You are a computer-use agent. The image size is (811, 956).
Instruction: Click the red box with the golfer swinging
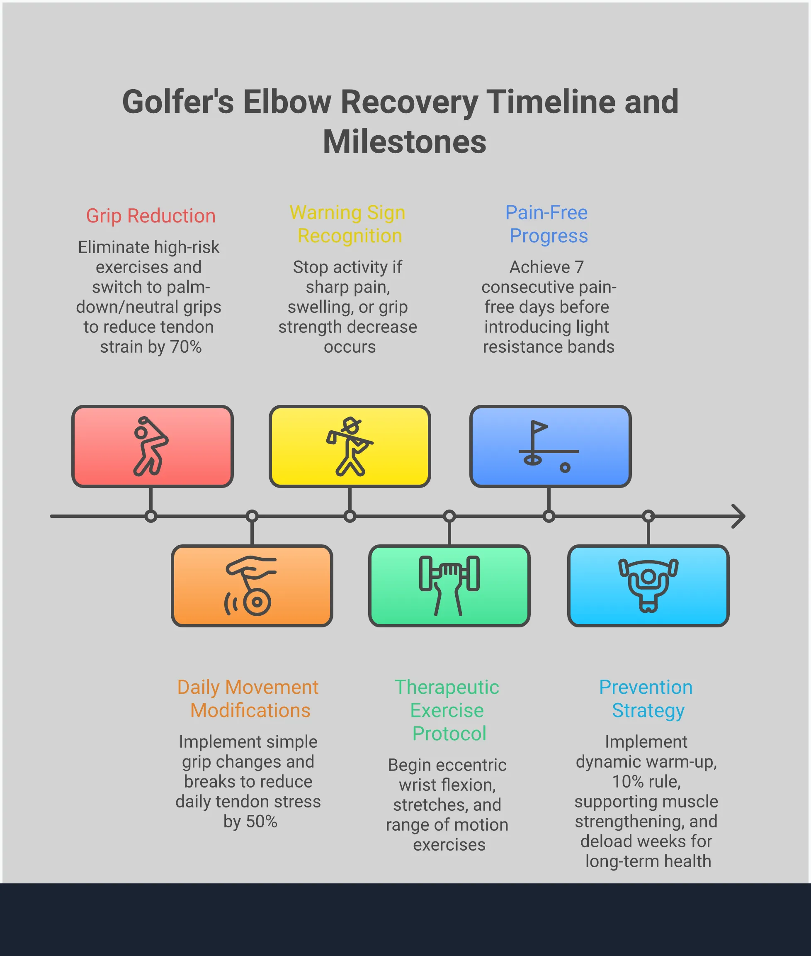tap(152, 446)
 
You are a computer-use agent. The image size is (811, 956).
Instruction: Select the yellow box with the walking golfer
tap(350, 446)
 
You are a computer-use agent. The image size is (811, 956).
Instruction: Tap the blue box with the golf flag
tap(550, 446)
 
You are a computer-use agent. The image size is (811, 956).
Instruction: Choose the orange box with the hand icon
tap(252, 585)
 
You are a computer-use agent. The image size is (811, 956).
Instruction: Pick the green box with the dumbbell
tap(449, 585)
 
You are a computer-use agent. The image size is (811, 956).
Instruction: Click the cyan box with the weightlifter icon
tap(648, 585)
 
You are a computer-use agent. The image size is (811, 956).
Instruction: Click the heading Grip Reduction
tap(151, 216)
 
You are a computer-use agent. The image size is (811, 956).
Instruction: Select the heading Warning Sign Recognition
tap(348, 224)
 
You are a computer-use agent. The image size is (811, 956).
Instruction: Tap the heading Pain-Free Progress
tap(547, 224)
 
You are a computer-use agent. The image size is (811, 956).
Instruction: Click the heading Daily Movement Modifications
tap(249, 698)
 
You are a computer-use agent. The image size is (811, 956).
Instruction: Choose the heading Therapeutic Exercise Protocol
tap(447, 710)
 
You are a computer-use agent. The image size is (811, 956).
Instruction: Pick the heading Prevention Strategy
tap(646, 698)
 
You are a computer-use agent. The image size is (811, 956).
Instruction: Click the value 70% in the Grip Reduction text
tap(186, 347)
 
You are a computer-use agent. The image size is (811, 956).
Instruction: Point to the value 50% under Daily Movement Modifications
tap(261, 821)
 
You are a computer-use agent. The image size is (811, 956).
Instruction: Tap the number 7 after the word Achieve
tap(579, 267)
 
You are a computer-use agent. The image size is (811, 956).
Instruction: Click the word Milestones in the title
tap(404, 141)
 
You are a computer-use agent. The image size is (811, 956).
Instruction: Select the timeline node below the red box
tap(151, 516)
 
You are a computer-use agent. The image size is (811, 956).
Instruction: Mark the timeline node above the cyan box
tap(648, 516)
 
